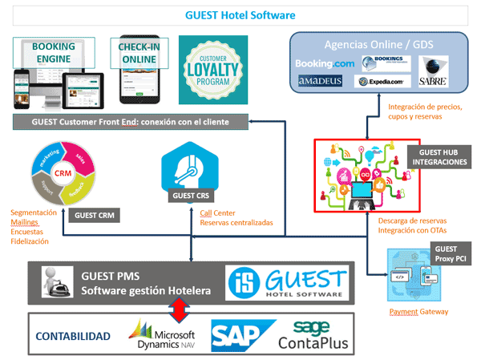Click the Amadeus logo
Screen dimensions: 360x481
click(321, 81)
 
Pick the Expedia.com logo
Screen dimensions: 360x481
click(384, 82)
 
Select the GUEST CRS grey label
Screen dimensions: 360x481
click(192, 195)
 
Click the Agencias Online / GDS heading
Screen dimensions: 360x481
click(378, 43)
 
